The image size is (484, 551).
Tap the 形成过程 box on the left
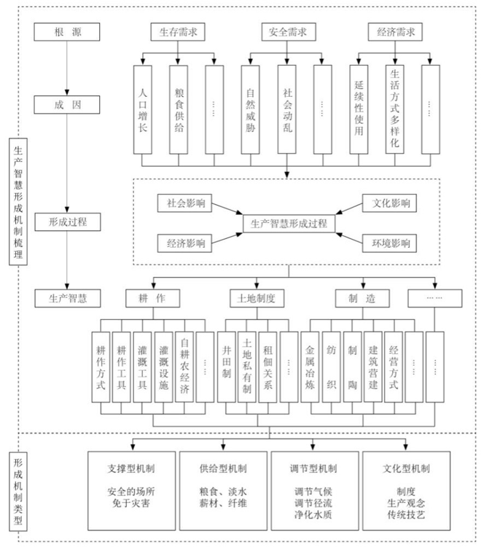click(x=66, y=220)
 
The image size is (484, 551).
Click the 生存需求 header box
click(x=179, y=32)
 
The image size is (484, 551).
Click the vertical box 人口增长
click(x=143, y=109)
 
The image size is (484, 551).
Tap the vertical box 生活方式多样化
click(x=395, y=109)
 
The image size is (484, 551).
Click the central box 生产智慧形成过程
click(x=288, y=223)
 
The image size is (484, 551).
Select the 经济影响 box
click(x=185, y=243)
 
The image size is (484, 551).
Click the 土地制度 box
click(x=251, y=298)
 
